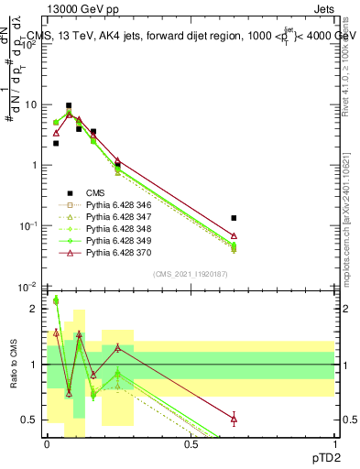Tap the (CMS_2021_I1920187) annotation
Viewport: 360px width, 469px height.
[x=190, y=275]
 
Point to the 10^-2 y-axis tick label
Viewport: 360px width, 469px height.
[x=27, y=287]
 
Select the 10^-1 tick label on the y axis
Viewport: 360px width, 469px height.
[x=27, y=226]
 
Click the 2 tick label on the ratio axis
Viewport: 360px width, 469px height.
[x=33, y=309]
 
